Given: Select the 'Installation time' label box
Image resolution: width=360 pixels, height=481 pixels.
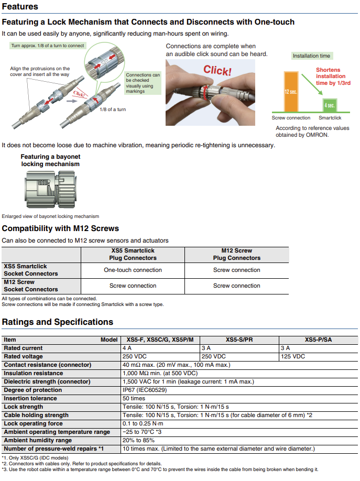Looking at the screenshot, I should pyautogui.click(x=311, y=56).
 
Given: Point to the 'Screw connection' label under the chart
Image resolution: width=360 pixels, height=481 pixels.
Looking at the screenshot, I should pyautogui.click(x=291, y=118).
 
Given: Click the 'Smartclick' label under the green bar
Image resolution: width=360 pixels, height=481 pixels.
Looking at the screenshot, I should pyautogui.click(x=330, y=118).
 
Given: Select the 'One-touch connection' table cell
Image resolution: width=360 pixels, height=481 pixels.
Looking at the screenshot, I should pyautogui.click(x=133, y=270).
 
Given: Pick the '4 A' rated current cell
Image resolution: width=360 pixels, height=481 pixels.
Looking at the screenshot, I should pyautogui.click(x=127, y=348).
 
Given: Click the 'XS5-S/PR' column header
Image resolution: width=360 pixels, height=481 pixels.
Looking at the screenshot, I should pyautogui.click(x=239, y=340).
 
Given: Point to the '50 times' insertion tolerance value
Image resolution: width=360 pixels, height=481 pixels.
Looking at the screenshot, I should pyautogui.click(x=134, y=398).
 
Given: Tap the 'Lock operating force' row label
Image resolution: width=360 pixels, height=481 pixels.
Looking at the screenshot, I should pyautogui.click(x=33, y=423).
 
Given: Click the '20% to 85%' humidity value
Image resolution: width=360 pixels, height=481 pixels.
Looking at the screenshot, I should pyautogui.click(x=138, y=440).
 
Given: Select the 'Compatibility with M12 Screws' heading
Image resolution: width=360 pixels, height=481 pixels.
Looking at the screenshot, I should pyautogui.click(x=60, y=228).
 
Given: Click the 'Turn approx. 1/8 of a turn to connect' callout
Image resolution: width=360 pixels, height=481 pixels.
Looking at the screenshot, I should pyautogui.click(x=48, y=46).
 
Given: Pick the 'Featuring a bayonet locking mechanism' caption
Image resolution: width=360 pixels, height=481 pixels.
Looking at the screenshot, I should pyautogui.click(x=50, y=160).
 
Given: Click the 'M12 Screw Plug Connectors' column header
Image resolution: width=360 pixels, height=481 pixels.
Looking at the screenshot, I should pyautogui.click(x=236, y=254).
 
